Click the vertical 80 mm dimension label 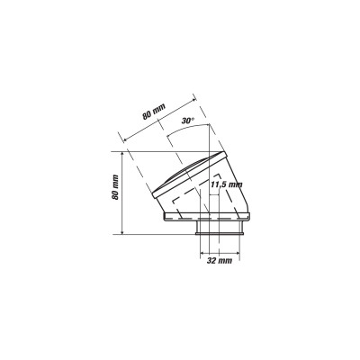click(x=115, y=187)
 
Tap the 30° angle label click(x=188, y=121)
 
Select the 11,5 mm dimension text click(x=226, y=184)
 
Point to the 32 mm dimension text click(x=220, y=261)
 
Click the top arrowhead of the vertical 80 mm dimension click(x=122, y=154)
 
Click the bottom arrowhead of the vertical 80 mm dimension click(x=122, y=231)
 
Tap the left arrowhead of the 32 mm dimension click(x=202, y=253)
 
